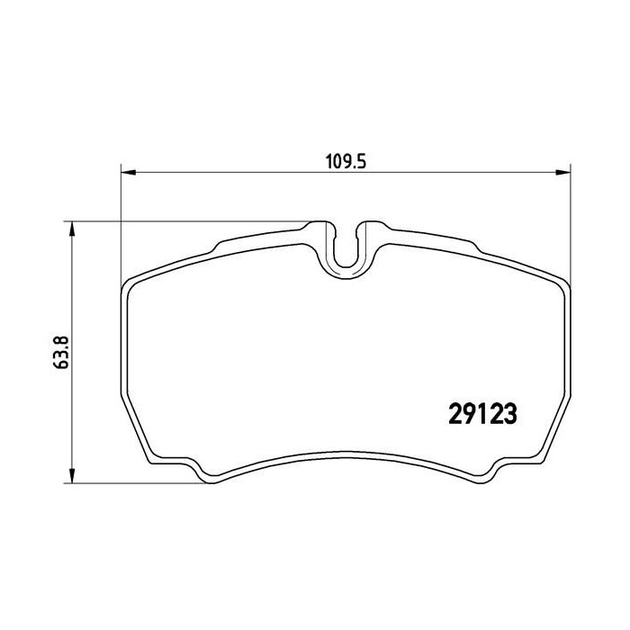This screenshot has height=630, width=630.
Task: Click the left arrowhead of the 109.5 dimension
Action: pyautogui.click(x=127, y=170)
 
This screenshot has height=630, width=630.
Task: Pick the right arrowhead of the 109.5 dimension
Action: pyautogui.click(x=566, y=170)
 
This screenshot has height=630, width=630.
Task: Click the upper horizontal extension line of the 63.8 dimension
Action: pyautogui.click(x=180, y=220)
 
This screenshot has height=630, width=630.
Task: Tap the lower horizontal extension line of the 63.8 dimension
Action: pyautogui.click(x=135, y=481)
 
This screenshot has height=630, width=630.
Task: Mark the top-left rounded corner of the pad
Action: pyautogui.click(x=128, y=286)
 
